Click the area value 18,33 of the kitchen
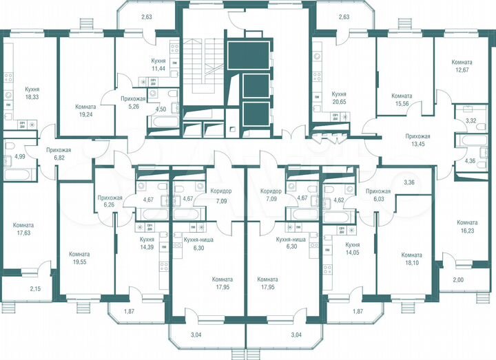click(x=32, y=98)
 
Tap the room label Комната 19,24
click(x=86, y=112)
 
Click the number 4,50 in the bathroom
click(x=161, y=109)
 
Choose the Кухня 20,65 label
click(x=338, y=97)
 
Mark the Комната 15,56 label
click(x=402, y=100)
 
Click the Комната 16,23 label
click(x=467, y=227)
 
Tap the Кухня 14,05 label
click(x=353, y=248)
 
